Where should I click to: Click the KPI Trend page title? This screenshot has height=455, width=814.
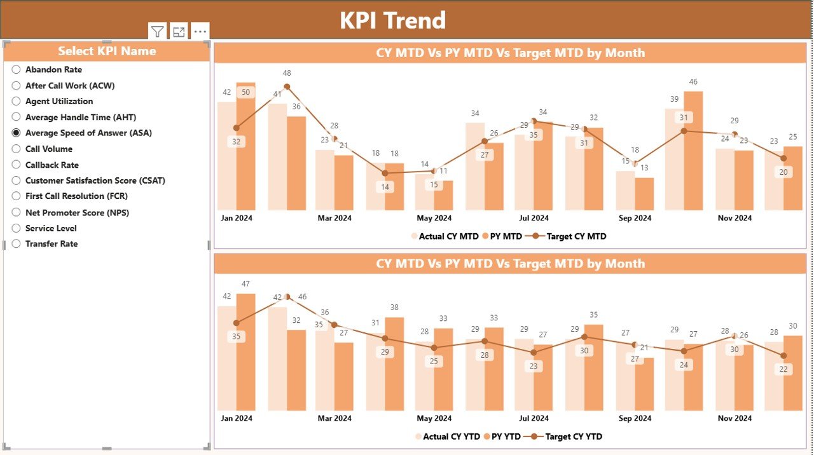[x=392, y=20]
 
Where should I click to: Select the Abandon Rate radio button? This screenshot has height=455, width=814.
[x=17, y=69]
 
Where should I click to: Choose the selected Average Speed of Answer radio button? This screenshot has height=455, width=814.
[x=17, y=133]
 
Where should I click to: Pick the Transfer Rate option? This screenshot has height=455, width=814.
[x=17, y=243]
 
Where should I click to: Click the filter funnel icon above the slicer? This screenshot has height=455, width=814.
[x=157, y=31]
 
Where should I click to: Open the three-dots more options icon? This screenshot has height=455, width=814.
[x=200, y=31]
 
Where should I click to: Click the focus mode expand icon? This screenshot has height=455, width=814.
[x=179, y=31]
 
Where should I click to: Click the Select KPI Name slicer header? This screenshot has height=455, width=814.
[x=107, y=51]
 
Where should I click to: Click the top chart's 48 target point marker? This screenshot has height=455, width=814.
[x=287, y=86]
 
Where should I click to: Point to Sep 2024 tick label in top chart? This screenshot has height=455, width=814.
[x=634, y=218]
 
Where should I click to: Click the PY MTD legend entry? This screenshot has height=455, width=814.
[x=502, y=236]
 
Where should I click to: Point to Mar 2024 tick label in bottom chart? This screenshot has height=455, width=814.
[x=334, y=418]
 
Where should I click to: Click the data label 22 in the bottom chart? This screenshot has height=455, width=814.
[x=783, y=370]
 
